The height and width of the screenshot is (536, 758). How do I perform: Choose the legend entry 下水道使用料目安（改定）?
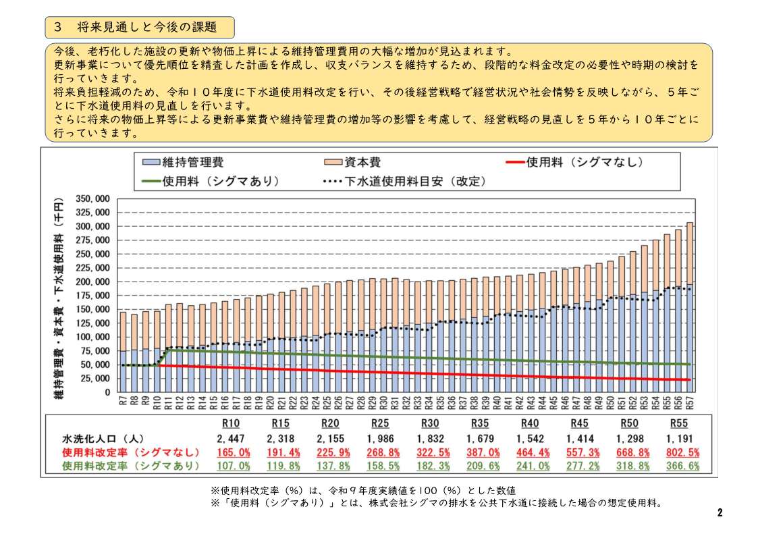(404, 182)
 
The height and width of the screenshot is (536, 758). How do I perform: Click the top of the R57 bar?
(690, 223)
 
